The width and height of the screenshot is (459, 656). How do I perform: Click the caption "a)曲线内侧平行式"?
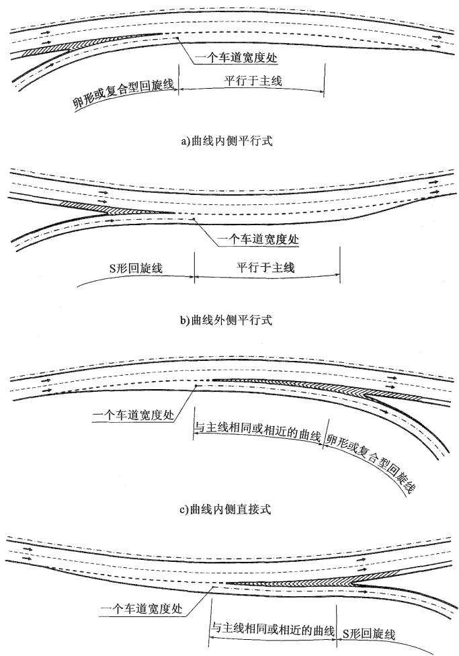tap(226, 141)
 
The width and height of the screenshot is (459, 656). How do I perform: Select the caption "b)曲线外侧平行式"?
tap(226, 321)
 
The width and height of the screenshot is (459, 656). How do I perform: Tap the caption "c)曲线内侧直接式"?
tap(225, 509)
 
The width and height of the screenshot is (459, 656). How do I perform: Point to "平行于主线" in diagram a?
tap(253, 81)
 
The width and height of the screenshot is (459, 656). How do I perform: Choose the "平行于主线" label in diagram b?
tap(265, 267)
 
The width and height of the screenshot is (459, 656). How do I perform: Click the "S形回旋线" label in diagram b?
tap(136, 268)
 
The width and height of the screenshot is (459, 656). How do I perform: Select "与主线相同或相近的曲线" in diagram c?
tap(258, 430)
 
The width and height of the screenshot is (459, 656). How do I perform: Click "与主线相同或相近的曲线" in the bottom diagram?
tap(273, 629)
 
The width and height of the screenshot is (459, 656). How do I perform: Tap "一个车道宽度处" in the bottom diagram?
tap(141, 608)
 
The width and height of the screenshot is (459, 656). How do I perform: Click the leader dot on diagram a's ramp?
tap(178, 38)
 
